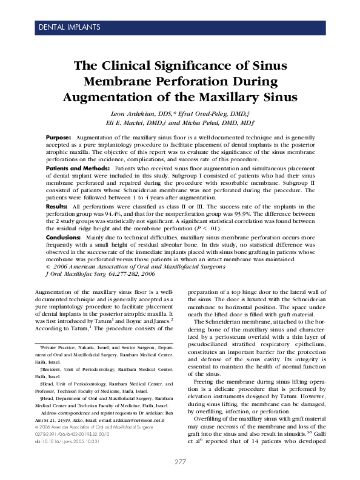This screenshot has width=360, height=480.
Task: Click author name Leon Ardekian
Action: [x=133, y=114]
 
